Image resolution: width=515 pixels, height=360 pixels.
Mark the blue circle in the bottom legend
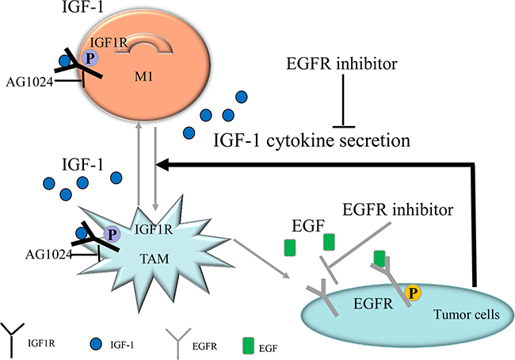pyautogui.click(x=97, y=343)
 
